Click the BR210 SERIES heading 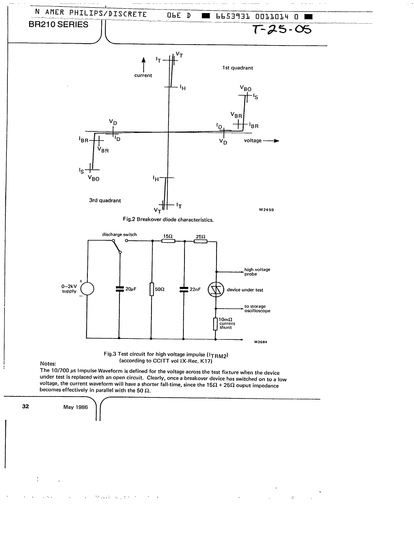coord(58,25)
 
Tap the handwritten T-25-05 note coord(282,30)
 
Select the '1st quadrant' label coord(238,68)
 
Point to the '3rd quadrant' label coord(105,200)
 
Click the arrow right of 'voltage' coord(271,141)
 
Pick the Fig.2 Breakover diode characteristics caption coord(168,219)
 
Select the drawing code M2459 coord(266,210)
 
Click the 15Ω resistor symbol coord(168,241)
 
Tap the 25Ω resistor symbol coord(200,241)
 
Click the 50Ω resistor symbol coord(152,289)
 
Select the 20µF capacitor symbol coord(119,289)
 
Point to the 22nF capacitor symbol coord(184,289)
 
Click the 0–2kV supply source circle coord(87,289)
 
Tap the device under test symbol coord(216,290)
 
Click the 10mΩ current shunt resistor coord(215,324)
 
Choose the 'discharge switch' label coord(119,234)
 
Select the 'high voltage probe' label coord(257,272)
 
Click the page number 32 coord(26,406)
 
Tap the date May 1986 coord(76,407)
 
